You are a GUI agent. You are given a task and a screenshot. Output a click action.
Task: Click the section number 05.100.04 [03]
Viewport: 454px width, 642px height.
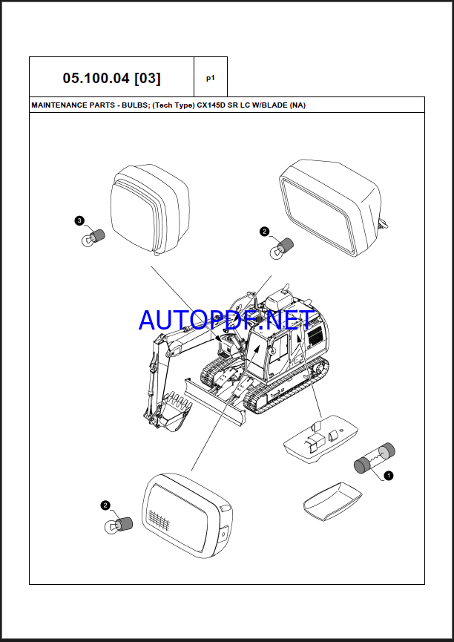point(111,77)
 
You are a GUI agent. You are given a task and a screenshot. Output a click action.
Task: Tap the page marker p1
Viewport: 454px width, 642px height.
point(210,77)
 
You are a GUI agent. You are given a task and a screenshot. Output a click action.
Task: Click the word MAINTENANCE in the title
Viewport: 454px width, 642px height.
point(60,105)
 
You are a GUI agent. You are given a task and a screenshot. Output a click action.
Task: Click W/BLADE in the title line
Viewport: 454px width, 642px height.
point(269,105)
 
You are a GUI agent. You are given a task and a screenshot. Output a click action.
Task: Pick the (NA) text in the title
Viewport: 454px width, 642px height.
point(297,105)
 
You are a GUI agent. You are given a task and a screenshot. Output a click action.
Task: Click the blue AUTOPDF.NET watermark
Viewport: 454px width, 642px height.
point(226,321)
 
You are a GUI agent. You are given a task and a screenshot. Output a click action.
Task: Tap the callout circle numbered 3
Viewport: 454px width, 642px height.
point(79,220)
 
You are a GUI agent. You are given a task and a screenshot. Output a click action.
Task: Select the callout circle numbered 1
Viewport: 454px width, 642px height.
point(389,475)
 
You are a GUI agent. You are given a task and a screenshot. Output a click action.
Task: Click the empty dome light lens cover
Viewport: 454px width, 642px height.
point(331,498)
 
